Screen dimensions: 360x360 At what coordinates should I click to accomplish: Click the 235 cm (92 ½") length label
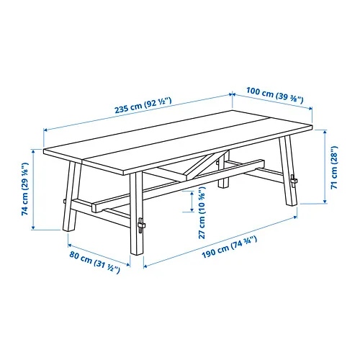pos(143,105)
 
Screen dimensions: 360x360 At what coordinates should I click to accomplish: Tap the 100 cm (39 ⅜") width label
pos(275,95)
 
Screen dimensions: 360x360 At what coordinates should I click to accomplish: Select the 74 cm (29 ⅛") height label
pos(25,189)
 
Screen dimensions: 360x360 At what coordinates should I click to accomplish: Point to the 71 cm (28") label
pos(334,167)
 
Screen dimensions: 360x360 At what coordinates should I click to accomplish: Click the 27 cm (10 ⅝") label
pos(202,215)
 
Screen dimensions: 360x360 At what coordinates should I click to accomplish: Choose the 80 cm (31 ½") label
pos(94,262)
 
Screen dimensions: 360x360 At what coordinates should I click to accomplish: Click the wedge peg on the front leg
pos(141,225)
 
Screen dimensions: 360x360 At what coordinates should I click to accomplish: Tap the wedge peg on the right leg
pos(293,180)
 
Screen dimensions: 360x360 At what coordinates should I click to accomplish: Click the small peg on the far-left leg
pos(65,201)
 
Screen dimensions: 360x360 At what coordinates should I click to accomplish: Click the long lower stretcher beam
pos(178,185)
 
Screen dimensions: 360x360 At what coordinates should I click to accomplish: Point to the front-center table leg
pos(137,213)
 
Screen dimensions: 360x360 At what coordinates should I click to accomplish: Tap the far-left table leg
pos(71,197)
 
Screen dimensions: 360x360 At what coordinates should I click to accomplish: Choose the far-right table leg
pos(288,171)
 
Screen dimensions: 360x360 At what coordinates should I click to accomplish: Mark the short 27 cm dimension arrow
pos(192,202)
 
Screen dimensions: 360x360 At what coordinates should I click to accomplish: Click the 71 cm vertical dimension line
pos(325,166)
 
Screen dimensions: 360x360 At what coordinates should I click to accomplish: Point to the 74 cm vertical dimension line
pos(33,189)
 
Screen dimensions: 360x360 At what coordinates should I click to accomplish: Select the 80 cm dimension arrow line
pos(99,255)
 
